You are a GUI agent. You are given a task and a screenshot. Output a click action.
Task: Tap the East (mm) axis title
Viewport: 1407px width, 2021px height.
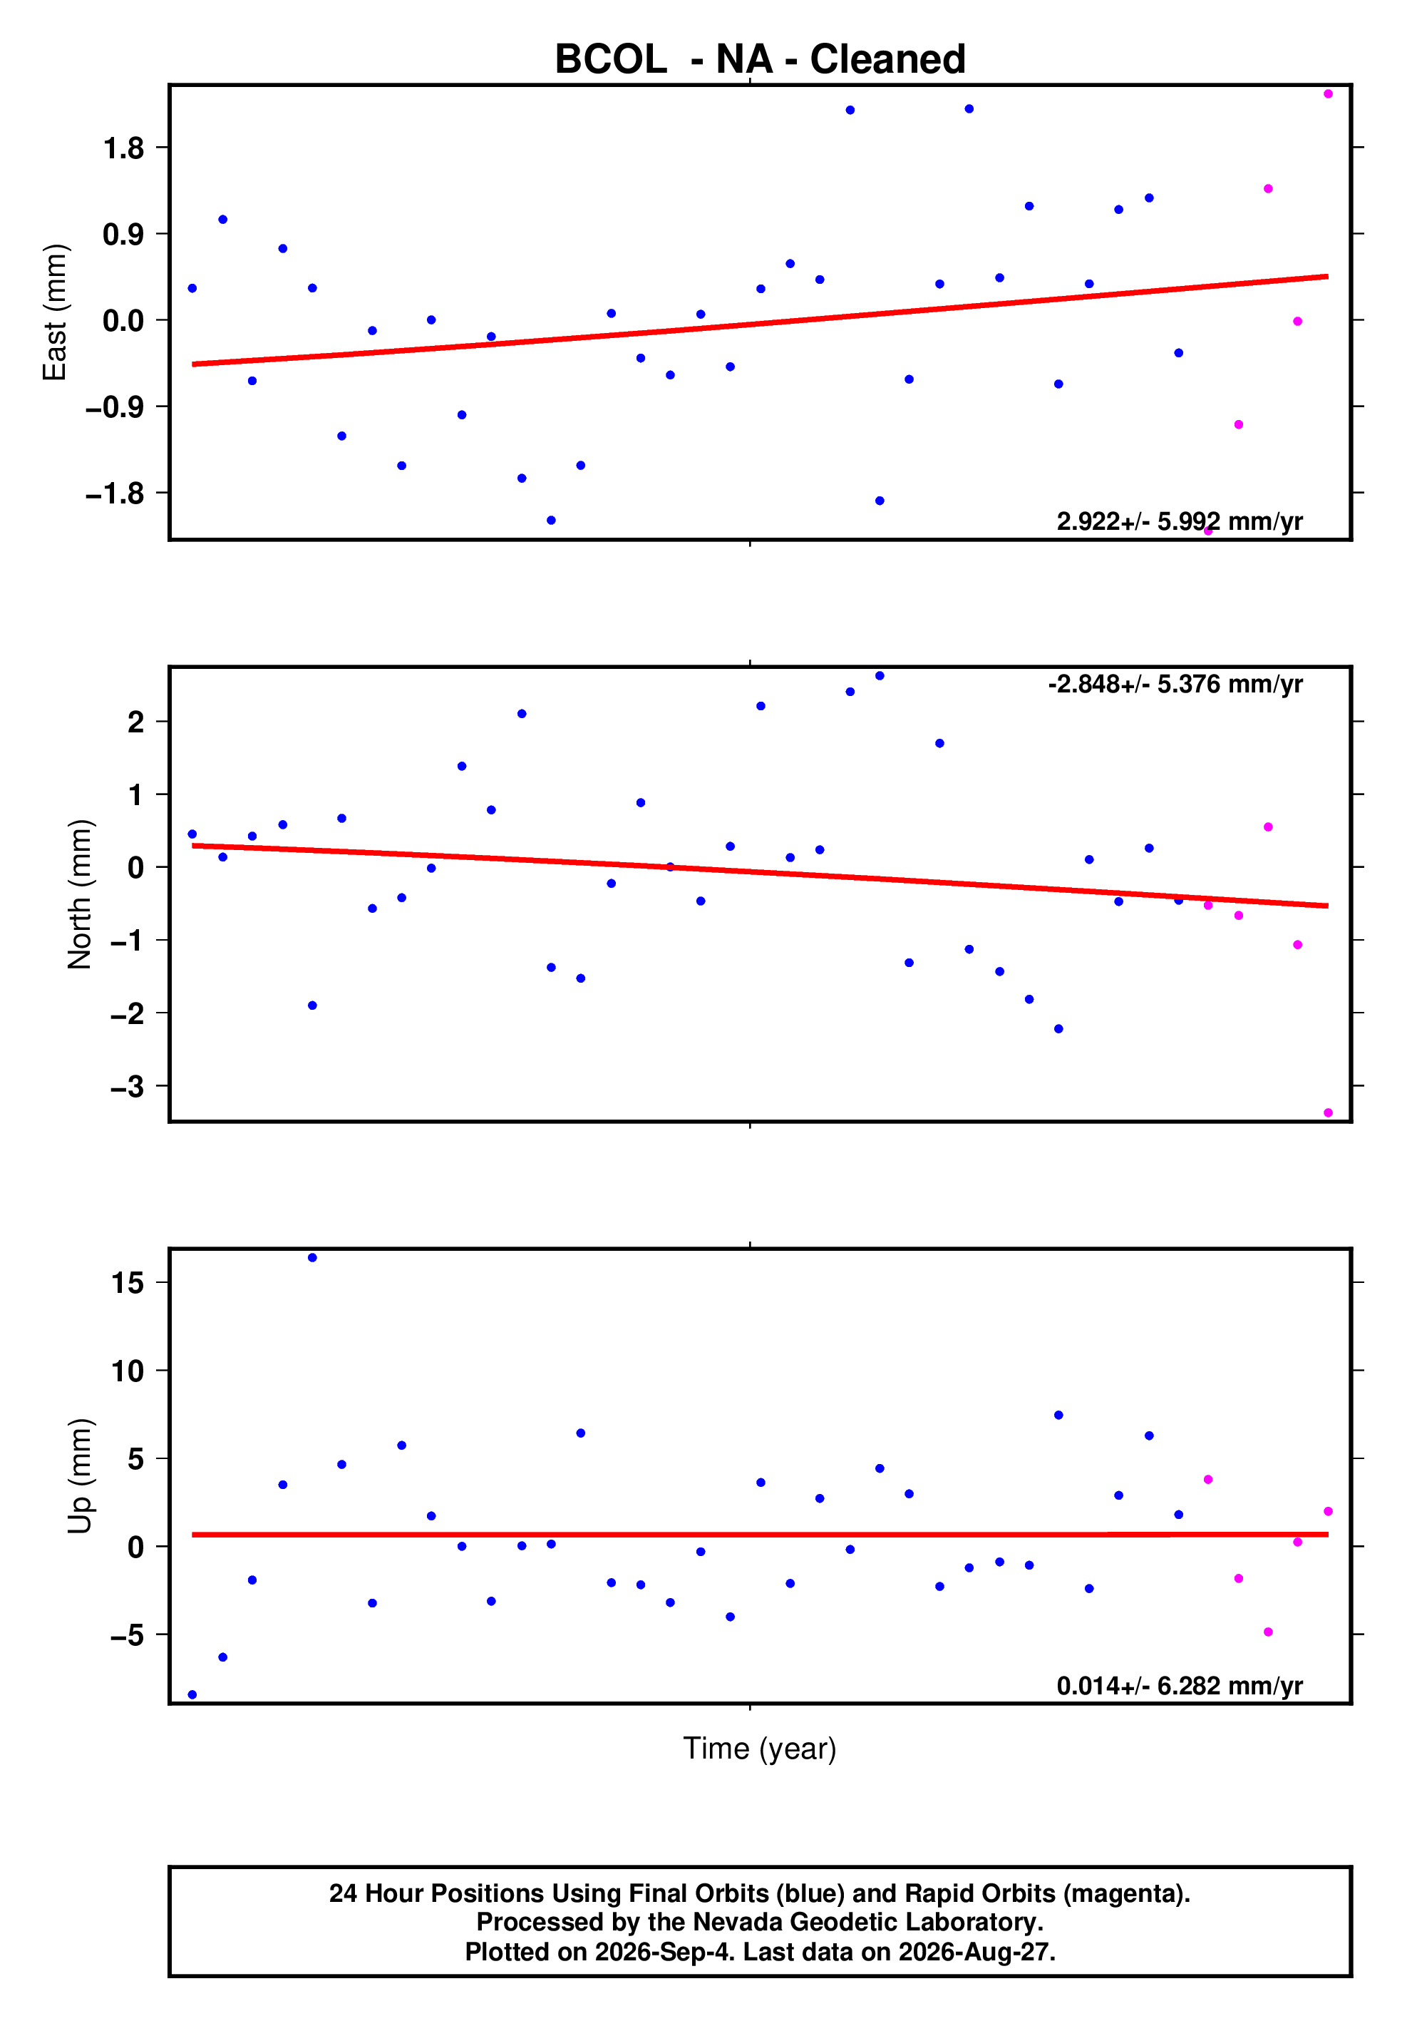(55, 312)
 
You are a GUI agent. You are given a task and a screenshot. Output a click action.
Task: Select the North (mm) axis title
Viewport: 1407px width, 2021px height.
(80, 894)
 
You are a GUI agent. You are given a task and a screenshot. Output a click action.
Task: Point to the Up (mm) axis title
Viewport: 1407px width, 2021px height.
(80, 1475)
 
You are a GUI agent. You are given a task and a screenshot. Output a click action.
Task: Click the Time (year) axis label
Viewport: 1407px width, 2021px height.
(759, 1748)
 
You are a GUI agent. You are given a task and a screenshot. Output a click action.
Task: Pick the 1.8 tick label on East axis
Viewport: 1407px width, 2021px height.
(123, 148)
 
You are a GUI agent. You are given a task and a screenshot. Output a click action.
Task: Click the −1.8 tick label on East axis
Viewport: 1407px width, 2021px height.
(114, 493)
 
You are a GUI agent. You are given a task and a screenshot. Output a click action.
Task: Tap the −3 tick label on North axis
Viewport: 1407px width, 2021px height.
(127, 1087)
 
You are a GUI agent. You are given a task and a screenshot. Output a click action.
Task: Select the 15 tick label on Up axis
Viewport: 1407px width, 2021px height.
(128, 1282)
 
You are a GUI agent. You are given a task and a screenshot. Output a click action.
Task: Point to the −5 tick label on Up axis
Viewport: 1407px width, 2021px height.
(127, 1634)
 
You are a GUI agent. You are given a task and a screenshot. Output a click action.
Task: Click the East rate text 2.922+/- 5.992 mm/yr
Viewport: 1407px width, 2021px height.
(1179, 522)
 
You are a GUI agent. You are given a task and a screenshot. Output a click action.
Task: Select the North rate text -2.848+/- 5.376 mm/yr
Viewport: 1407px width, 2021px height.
(1175, 684)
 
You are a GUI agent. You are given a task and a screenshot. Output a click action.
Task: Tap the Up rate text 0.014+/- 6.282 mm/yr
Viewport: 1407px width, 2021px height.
(1179, 1686)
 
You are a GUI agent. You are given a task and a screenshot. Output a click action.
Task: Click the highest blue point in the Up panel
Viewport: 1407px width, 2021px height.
(312, 1258)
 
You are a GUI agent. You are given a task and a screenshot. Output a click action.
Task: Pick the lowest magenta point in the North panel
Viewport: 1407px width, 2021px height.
(1328, 1112)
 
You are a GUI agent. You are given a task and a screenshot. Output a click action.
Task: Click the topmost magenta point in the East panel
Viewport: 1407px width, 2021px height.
(1328, 94)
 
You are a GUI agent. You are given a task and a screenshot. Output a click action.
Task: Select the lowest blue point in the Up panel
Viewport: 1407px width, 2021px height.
(192, 1694)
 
